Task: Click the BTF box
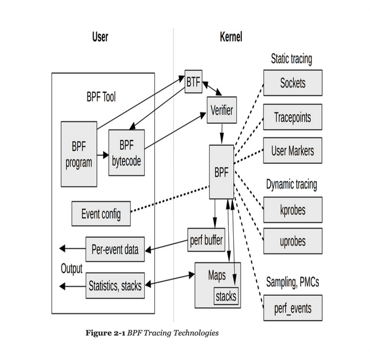pos(193,81)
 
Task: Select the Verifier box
pos(222,110)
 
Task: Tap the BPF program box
pos(79,154)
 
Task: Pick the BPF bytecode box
pos(126,153)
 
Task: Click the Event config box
pos(101,214)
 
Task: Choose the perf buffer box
pos(206,240)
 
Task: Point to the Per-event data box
pos(115,250)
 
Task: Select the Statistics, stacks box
pos(115,285)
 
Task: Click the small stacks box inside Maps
pos(226,296)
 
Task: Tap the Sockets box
pos(292,83)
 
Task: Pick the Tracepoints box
pos(292,117)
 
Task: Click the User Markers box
pos(292,150)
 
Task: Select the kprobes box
pos(292,210)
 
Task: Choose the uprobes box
pos(292,241)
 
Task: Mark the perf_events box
pos(292,308)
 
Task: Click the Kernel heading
pos(231,37)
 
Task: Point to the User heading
pos(101,37)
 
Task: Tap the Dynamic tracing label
pos(292,184)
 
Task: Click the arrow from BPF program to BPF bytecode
pos(102,155)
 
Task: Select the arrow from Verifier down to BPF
pos(222,134)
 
